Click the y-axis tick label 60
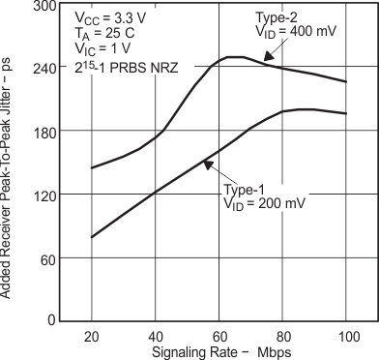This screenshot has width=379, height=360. tap(44, 257)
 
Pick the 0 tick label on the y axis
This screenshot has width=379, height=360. tap(48, 320)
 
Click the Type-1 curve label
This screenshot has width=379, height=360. tap(245, 189)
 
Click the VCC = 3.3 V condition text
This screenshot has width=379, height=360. tap(105, 18)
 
